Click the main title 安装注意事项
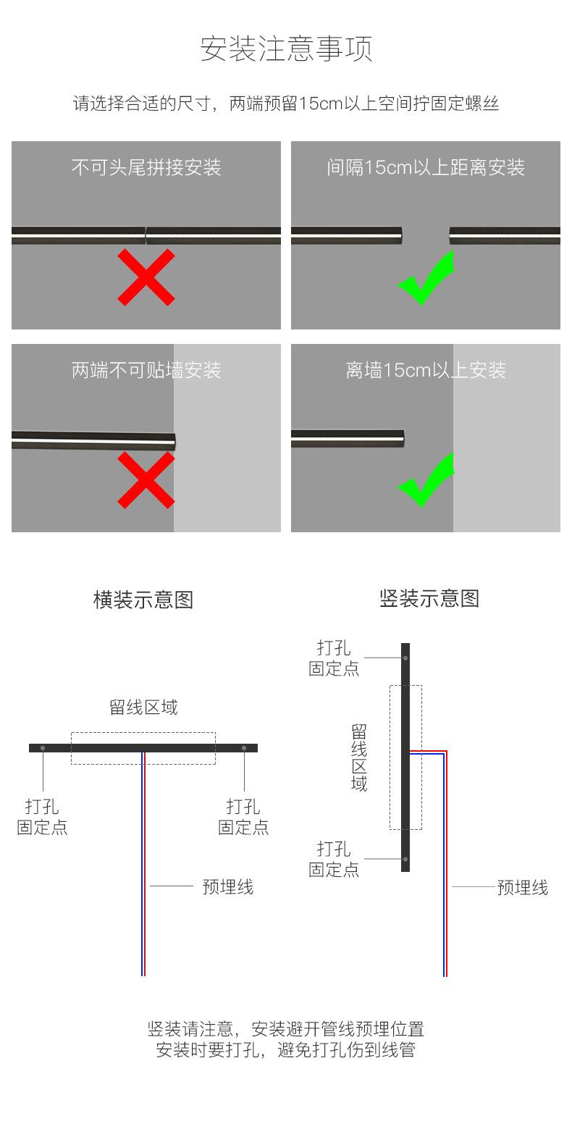286,49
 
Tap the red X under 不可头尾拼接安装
146,277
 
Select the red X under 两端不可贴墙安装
146,479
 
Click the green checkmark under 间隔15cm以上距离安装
426,278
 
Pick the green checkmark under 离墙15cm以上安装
426,480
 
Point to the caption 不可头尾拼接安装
146,168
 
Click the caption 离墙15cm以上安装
426,371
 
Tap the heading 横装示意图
143,600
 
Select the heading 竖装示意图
429,599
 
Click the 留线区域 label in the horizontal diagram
143,708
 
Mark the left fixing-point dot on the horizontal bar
43,748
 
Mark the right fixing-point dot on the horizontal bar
244,748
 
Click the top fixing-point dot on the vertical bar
405,658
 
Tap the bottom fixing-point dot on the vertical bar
405,860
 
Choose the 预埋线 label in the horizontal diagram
228,887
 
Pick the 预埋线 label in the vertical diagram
523,888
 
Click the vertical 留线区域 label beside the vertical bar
359,757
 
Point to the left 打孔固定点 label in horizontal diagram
42,817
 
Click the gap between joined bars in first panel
146,235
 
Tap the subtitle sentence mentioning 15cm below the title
286,104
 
